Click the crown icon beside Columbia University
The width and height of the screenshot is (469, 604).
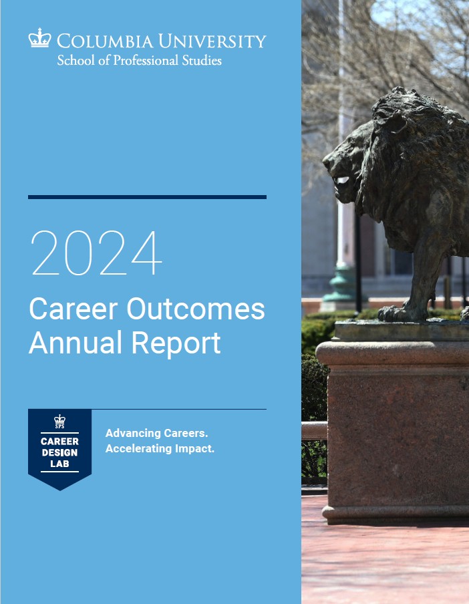(x=39, y=38)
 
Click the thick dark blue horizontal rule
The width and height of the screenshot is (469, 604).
(x=147, y=197)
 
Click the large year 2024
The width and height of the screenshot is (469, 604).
(x=96, y=254)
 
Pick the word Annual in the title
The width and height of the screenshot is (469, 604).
(x=75, y=343)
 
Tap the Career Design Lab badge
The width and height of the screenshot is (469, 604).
(x=59, y=448)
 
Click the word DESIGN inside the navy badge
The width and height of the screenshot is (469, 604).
(x=59, y=452)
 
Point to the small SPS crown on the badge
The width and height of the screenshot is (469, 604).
(x=59, y=421)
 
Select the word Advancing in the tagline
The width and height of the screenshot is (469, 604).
(x=132, y=434)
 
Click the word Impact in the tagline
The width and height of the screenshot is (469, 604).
(x=194, y=448)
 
